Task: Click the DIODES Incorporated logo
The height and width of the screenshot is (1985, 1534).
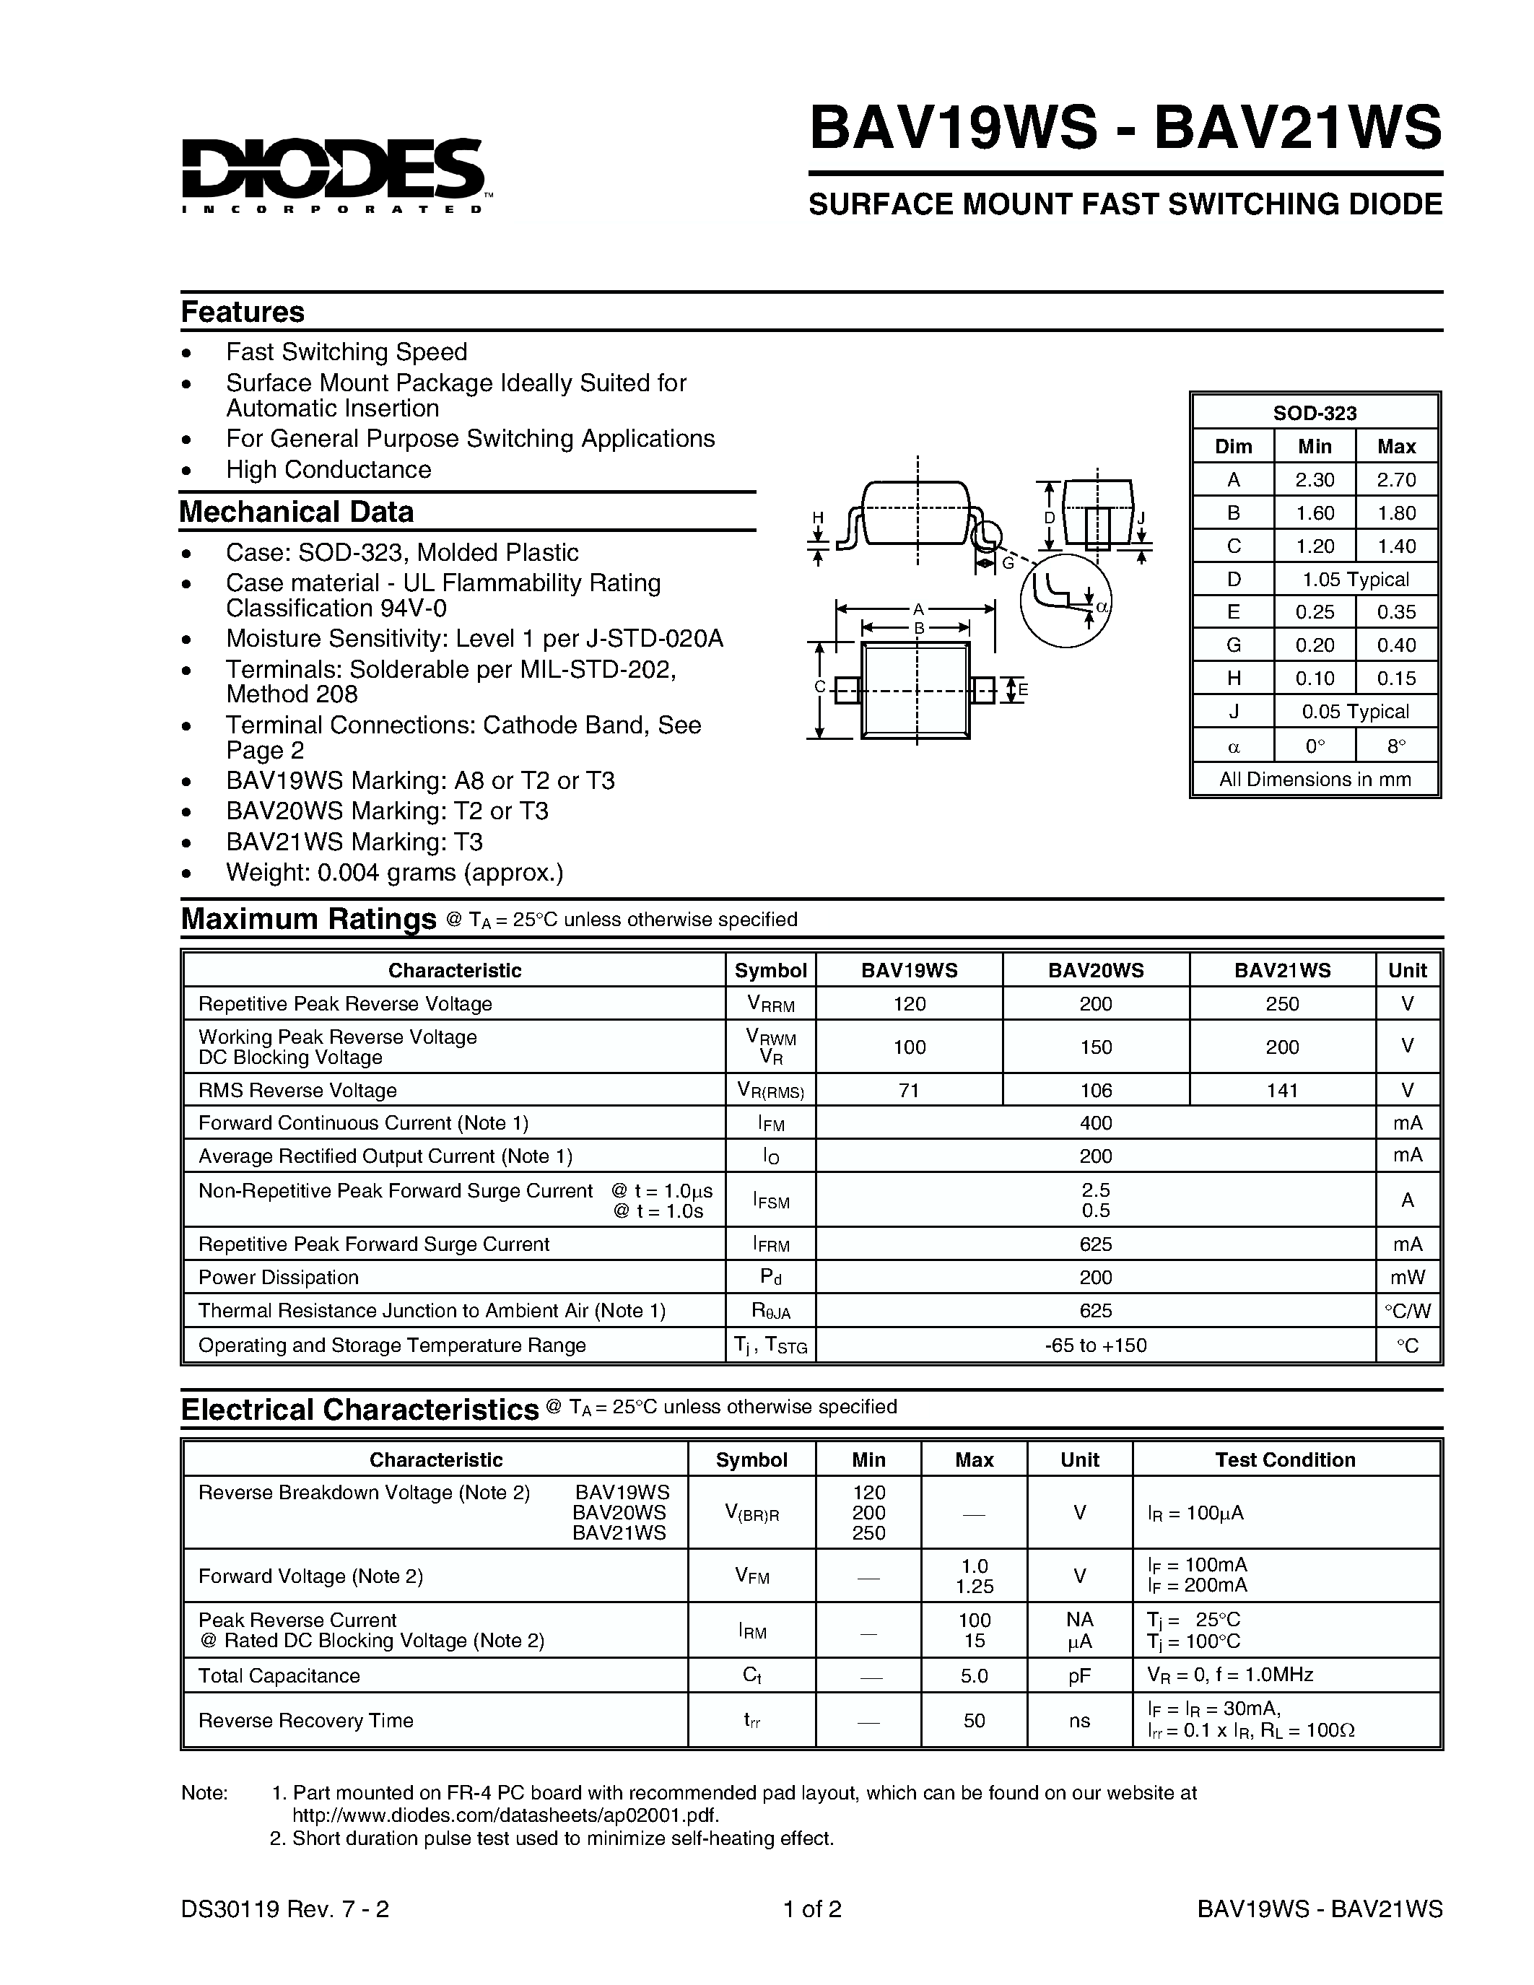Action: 333,175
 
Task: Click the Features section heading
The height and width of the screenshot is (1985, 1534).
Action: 242,312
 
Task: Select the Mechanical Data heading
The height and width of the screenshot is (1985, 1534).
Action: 296,512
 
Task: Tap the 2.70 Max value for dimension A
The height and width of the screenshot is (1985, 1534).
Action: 1396,480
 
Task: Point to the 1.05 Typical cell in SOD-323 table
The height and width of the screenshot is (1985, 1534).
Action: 1355,579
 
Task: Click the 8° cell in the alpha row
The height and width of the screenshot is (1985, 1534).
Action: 1396,746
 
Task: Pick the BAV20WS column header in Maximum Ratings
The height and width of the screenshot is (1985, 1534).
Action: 1095,970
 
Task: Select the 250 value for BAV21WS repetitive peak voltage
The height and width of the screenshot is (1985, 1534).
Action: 1281,1003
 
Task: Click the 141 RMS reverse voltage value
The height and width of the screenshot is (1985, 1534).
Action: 1281,1090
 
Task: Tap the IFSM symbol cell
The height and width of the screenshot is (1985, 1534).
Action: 771,1200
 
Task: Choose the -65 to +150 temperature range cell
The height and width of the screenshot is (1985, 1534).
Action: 1095,1345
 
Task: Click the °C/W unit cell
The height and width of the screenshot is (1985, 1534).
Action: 1407,1311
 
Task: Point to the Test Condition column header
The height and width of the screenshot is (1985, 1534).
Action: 1285,1460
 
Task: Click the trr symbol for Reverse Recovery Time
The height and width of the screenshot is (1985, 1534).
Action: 751,1721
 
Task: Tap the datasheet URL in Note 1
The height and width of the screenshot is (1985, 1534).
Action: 505,1815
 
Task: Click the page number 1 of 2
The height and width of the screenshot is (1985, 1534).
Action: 812,1908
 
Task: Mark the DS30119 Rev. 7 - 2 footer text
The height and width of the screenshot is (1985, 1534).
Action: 285,1908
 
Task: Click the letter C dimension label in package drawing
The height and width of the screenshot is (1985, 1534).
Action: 819,687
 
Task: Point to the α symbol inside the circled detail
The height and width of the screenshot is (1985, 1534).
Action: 1102,606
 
